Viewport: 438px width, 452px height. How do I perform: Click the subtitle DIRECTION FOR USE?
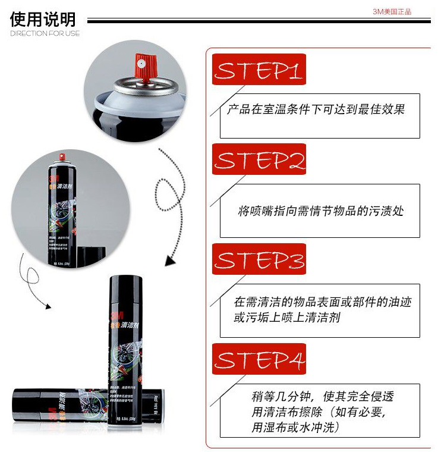coord(45,33)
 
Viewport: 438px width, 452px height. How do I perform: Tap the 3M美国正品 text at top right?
coord(392,11)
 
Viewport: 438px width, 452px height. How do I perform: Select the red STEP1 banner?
coord(259,70)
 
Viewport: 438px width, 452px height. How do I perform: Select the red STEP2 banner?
coord(259,160)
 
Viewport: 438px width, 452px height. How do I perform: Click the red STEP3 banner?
coord(259,259)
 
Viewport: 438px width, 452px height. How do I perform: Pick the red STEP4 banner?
coord(259,359)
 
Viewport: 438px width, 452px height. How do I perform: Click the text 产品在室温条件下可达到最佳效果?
coord(316,110)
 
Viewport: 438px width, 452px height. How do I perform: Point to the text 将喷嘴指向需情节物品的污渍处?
coord(320,211)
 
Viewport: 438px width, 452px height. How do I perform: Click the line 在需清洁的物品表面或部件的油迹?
coord(322,302)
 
